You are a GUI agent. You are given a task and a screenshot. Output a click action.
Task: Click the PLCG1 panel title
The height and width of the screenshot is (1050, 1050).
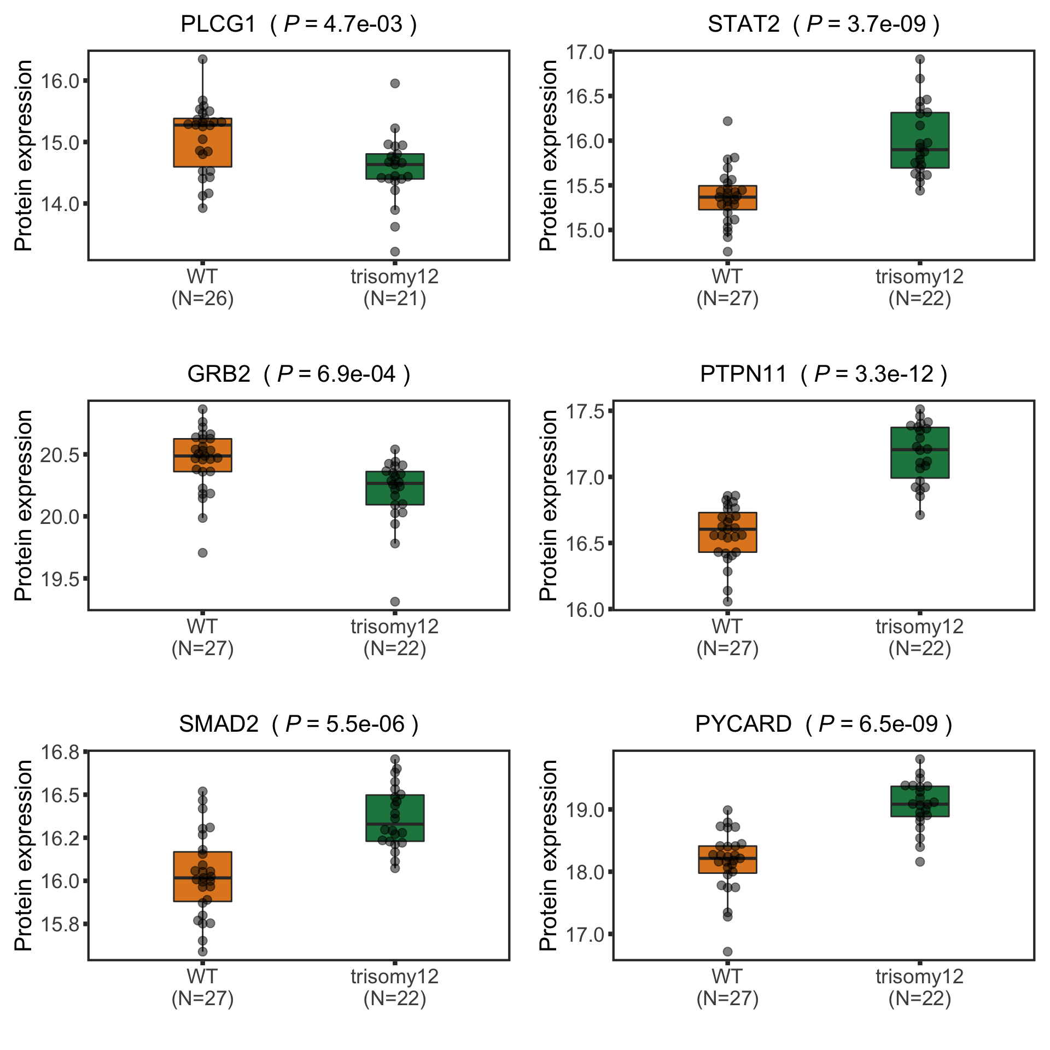point(299,25)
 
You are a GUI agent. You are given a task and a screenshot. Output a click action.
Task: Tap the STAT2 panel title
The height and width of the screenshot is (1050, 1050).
point(823,25)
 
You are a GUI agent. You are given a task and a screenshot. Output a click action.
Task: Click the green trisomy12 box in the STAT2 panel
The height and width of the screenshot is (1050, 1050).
point(919,140)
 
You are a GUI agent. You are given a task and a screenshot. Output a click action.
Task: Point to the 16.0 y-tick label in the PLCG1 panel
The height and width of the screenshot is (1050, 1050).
point(60,81)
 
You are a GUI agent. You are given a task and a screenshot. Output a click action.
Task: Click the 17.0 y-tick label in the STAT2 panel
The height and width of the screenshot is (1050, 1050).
point(585,53)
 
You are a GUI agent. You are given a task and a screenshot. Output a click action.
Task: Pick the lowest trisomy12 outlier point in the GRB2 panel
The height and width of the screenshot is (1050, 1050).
point(395,602)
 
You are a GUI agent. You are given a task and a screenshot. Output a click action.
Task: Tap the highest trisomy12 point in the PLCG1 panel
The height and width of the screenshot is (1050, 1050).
point(395,83)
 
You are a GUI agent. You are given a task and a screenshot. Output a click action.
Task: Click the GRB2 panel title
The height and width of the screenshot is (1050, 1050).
point(299,375)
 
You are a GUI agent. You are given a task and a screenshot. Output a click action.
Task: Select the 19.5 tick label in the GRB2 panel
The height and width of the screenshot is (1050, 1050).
point(60,579)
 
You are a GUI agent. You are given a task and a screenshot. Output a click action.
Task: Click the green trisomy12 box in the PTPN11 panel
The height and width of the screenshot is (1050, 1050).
point(919,453)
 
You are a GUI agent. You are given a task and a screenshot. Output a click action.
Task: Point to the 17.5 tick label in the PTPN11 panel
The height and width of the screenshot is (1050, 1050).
point(585,411)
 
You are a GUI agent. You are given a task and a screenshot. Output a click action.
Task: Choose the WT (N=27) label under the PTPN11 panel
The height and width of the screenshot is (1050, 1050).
point(727,638)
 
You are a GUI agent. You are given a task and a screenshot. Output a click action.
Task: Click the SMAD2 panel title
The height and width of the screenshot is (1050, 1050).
point(299,724)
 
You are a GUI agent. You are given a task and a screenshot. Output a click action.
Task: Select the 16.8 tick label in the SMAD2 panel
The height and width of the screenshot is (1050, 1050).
point(60,752)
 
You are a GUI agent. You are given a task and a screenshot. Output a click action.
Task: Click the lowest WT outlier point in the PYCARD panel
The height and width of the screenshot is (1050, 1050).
point(727,952)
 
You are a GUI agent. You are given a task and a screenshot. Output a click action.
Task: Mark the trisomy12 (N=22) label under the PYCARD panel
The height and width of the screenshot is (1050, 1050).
point(919,988)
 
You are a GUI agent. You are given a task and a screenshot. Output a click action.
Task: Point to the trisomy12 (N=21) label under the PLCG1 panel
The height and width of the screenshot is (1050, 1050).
point(395,288)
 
